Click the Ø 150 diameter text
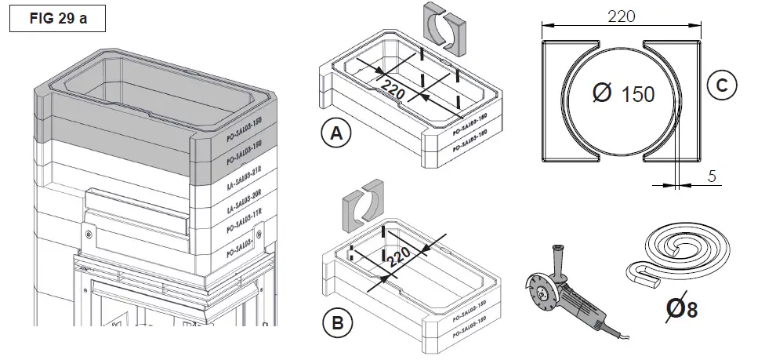(x=624, y=95)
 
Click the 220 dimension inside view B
(x=399, y=262)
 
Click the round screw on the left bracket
(x=88, y=233)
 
